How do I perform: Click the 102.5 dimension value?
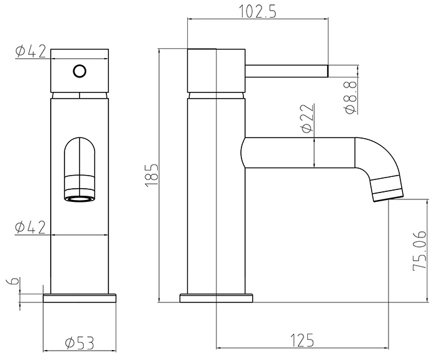tap(258, 11)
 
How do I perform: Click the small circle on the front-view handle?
tap(79, 70)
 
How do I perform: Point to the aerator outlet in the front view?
tap(79, 199)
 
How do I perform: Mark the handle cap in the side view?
tap(216, 69)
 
